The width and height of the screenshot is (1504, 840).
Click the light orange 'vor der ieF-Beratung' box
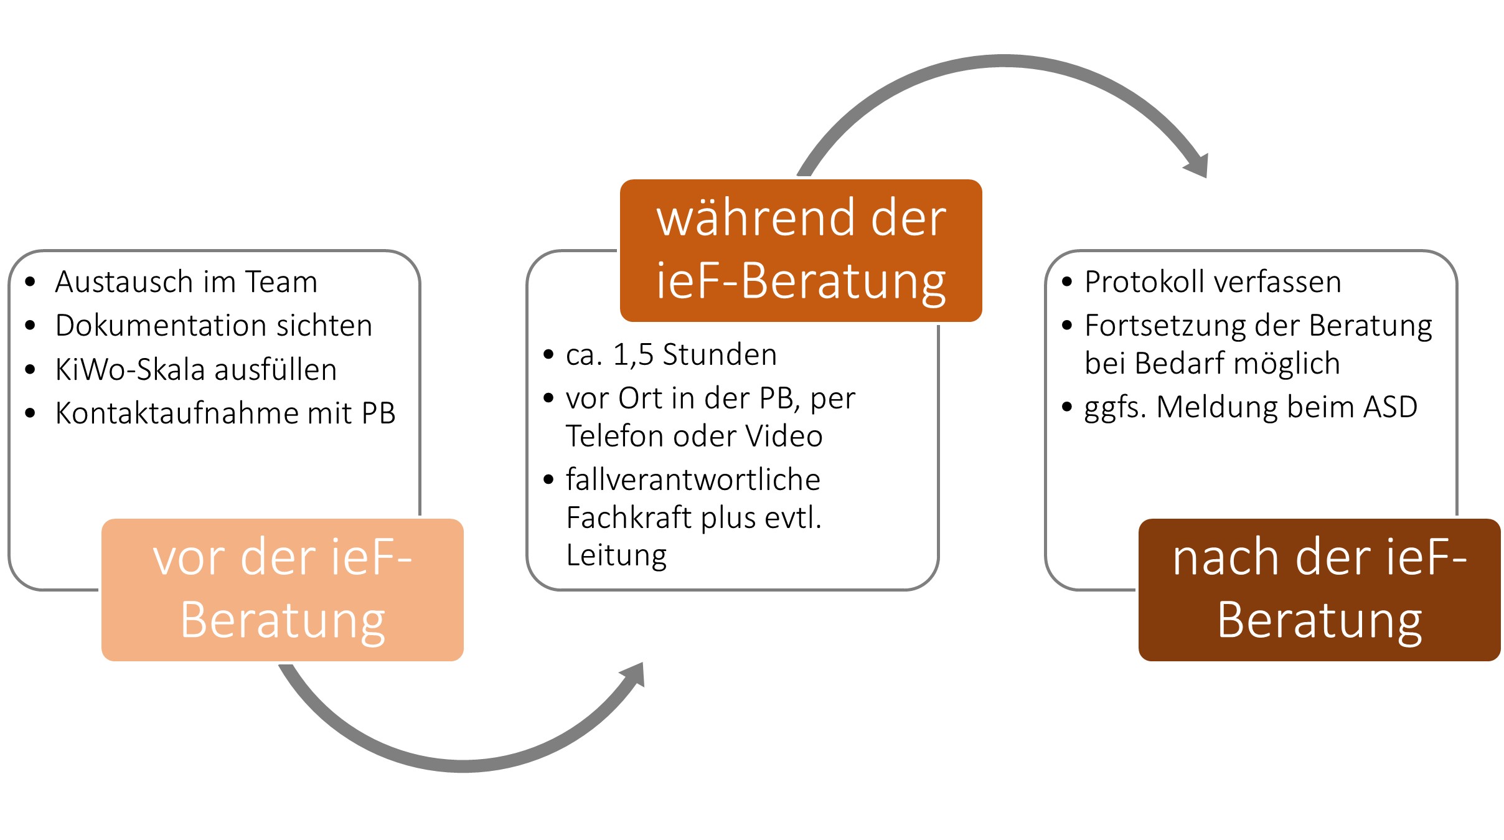(x=283, y=590)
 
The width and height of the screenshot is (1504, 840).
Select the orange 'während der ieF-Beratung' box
(x=801, y=250)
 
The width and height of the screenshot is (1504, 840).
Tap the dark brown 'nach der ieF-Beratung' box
(x=1320, y=590)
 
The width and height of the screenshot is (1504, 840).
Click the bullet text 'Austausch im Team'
(x=187, y=281)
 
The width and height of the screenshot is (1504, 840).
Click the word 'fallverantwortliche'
(x=693, y=479)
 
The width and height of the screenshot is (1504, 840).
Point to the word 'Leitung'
(x=616, y=555)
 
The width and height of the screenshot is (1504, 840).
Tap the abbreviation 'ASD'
(x=1390, y=407)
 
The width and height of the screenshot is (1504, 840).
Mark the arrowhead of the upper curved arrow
(x=1197, y=166)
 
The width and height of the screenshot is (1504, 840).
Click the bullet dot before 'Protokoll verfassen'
(x=1067, y=282)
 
